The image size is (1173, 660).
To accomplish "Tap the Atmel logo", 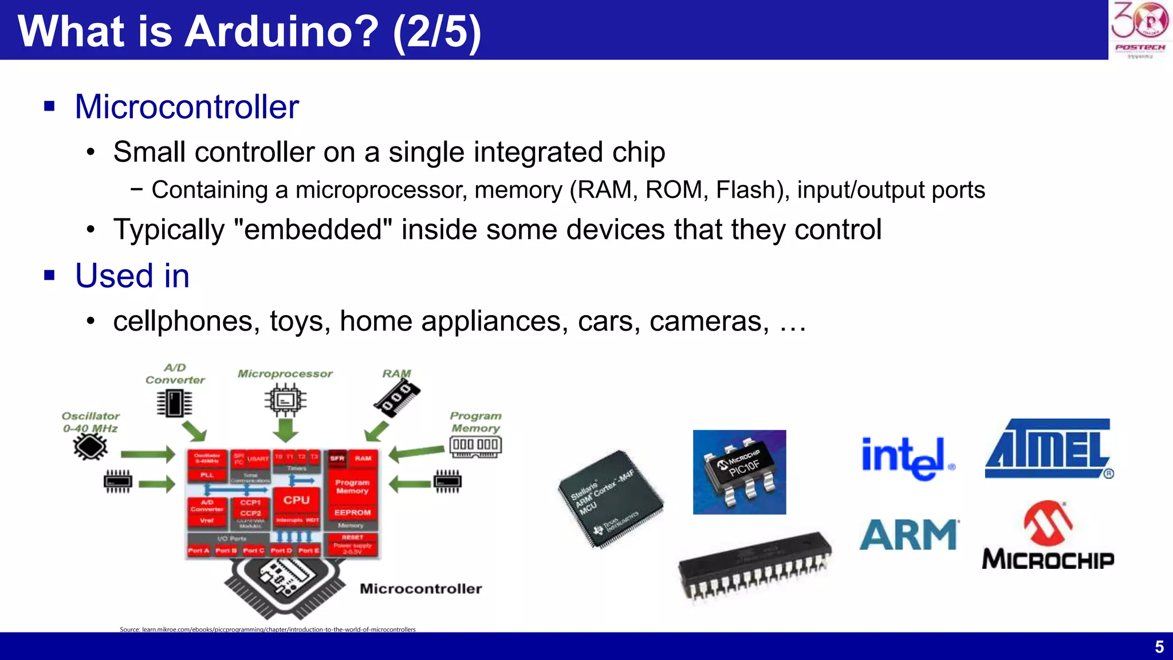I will click(x=1049, y=449).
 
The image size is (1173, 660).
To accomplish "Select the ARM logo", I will click(x=908, y=535).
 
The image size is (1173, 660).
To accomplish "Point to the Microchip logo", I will click(x=1048, y=536).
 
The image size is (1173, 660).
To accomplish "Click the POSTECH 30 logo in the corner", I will click(x=1140, y=29).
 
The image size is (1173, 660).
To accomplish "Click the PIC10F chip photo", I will click(x=739, y=472).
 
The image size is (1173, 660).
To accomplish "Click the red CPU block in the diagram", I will click(x=296, y=500).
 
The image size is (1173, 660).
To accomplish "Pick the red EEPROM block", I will click(x=352, y=512).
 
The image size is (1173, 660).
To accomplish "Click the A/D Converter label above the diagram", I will click(x=175, y=374).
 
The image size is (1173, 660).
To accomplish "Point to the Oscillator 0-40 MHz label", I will click(x=90, y=422).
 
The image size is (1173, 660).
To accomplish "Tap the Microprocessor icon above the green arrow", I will click(x=285, y=400).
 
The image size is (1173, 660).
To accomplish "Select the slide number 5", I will click(x=1159, y=647).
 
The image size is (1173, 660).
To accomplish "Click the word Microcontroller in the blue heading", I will click(x=187, y=107).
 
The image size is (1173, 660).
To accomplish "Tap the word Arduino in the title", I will click(x=281, y=31).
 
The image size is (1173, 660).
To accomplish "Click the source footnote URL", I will click(x=267, y=629).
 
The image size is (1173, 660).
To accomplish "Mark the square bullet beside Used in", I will click(x=50, y=276).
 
